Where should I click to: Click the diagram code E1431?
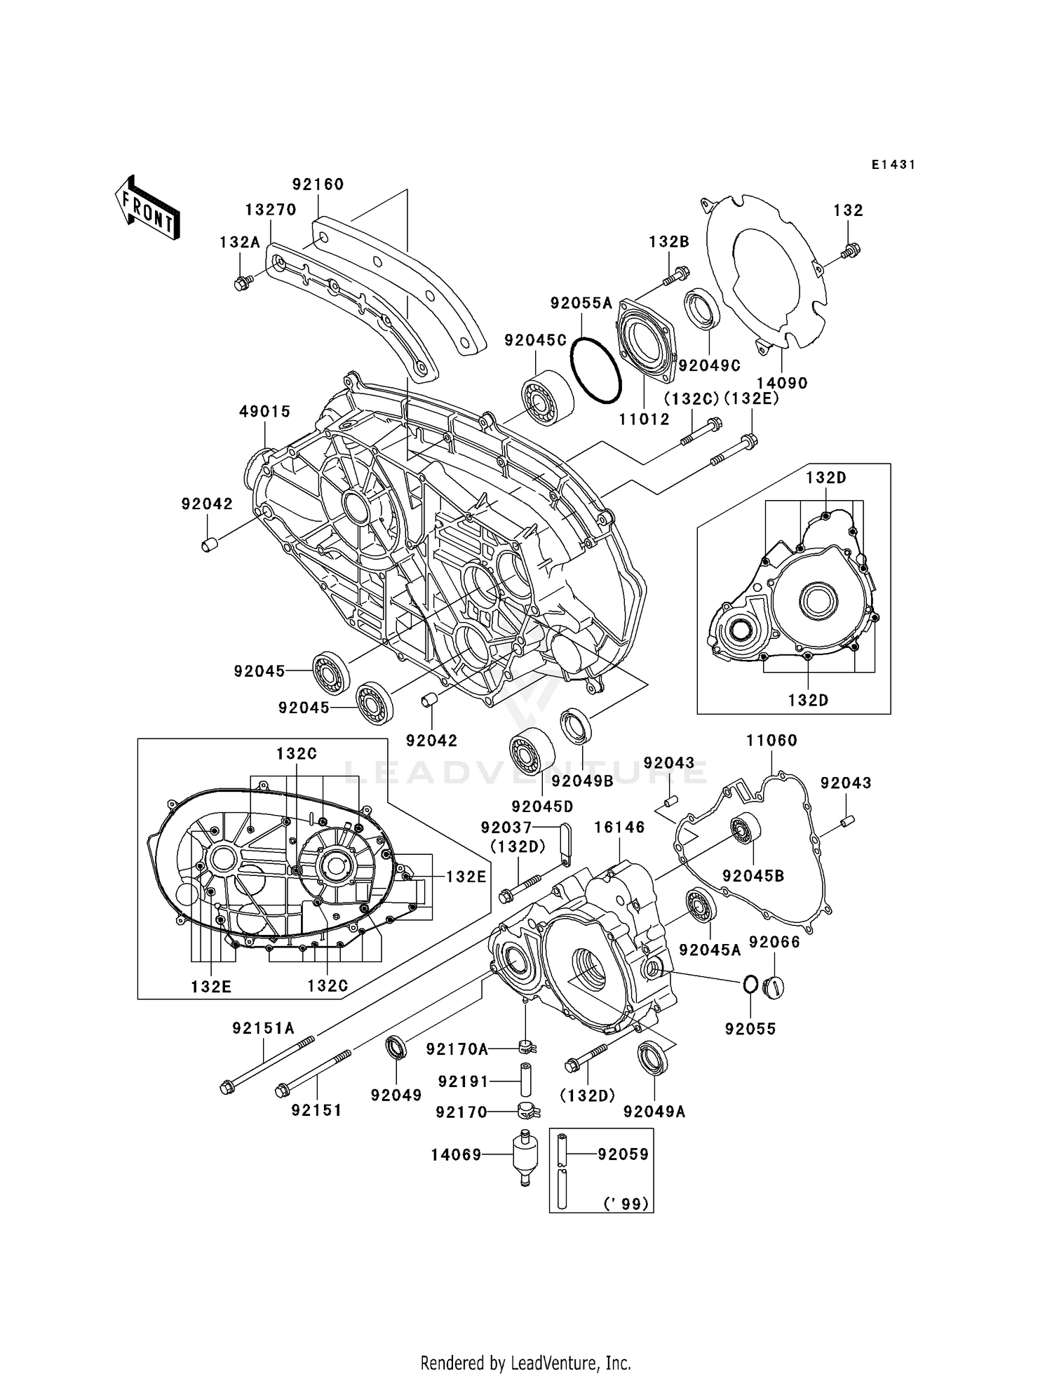[x=893, y=165]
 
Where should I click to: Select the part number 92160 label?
[x=318, y=184]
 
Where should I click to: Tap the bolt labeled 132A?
[x=243, y=283]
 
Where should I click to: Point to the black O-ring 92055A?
[x=595, y=370]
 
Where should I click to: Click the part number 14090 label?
[x=782, y=383]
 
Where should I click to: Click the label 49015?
[x=264, y=412]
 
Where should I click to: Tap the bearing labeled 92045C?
[x=547, y=398]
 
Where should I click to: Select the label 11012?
[x=644, y=419]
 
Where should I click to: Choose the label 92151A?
[x=263, y=1028]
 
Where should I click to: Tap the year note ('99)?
[x=626, y=1203]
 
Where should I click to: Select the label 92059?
[x=623, y=1154]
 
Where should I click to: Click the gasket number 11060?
[x=771, y=741]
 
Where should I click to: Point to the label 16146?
[x=619, y=828]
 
